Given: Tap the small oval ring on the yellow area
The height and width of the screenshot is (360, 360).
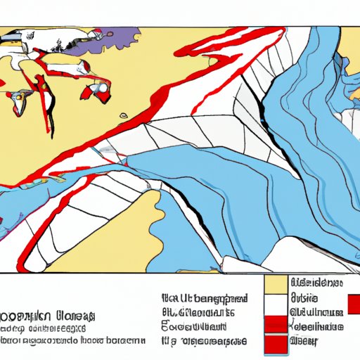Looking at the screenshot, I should (x=124, y=115).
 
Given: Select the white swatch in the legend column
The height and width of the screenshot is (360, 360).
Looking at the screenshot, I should (x=275, y=304).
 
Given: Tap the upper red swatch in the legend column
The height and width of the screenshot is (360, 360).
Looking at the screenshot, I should (x=275, y=325).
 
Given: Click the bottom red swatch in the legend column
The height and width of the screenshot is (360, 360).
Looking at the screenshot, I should (x=275, y=345).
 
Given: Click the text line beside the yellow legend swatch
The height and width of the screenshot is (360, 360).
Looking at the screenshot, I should (x=317, y=283).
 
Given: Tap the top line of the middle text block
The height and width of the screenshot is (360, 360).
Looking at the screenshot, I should (x=204, y=297).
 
